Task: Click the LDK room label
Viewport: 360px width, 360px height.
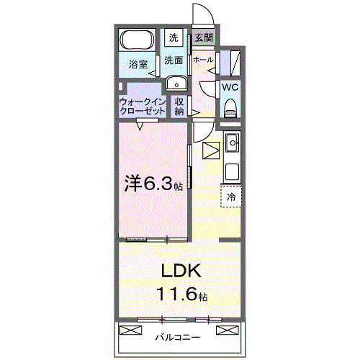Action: click(180, 271)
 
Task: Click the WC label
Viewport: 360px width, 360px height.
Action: click(230, 86)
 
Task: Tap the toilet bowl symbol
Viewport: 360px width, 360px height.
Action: click(230, 107)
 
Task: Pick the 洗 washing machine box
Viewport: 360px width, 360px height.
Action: click(174, 37)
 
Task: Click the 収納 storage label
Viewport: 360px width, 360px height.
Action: click(180, 107)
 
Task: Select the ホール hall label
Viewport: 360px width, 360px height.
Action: click(202, 60)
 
